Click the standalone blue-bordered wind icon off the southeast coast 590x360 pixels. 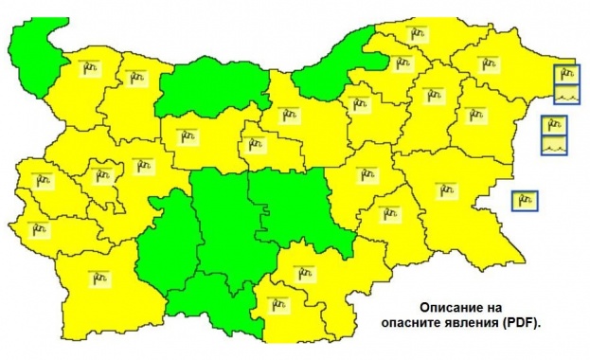pos(526,201)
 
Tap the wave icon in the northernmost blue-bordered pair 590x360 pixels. pos(566,93)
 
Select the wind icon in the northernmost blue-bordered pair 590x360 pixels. pos(566,72)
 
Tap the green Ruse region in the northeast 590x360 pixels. pos(331,66)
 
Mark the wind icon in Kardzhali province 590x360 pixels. pos(278,304)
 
